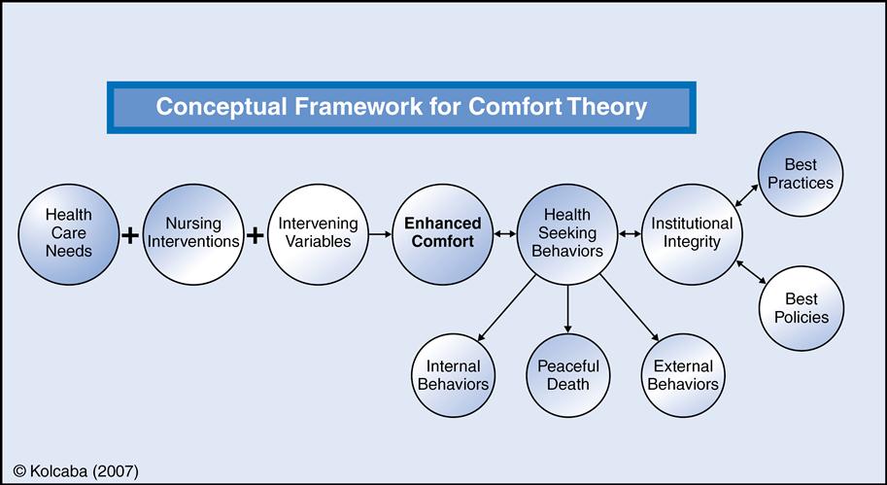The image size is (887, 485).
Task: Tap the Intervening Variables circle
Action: point(318,233)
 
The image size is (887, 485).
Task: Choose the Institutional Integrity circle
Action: point(692,233)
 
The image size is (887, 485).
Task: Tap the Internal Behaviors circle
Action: point(453,375)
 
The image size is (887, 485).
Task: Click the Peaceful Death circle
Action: point(568,375)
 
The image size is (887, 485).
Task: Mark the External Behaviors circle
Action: point(683,375)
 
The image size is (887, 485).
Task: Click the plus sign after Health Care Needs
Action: point(129,235)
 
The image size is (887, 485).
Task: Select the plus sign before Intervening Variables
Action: point(255,235)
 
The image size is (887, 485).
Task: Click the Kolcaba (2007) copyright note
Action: point(77,470)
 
